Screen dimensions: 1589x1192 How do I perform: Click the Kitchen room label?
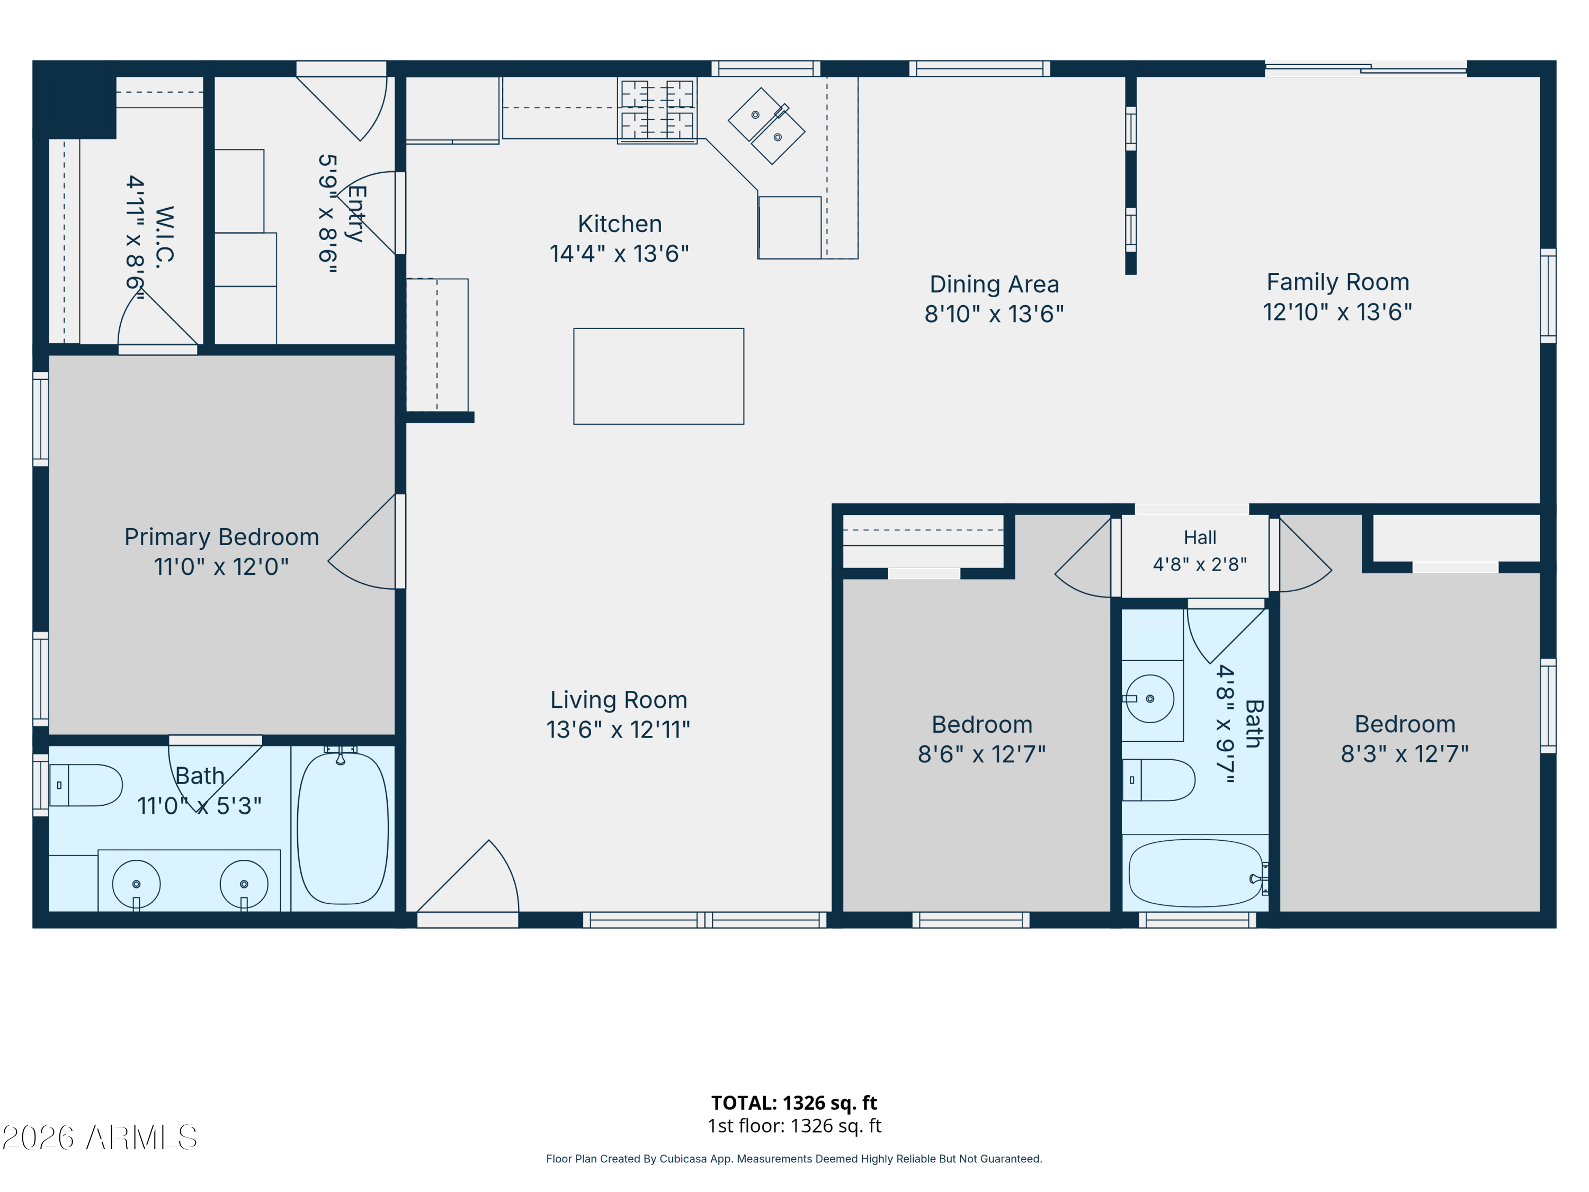pos(619,224)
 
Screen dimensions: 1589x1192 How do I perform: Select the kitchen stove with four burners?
pos(657,111)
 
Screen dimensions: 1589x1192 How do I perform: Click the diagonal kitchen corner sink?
pos(766,126)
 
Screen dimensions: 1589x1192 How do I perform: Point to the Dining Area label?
pos(994,284)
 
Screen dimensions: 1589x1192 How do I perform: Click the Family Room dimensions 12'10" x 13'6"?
pos(1337,312)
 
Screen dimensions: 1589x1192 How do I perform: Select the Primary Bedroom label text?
pos(221,537)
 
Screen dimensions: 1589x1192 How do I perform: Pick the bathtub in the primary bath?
pos(343,828)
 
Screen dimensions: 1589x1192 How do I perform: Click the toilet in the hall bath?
pos(1158,780)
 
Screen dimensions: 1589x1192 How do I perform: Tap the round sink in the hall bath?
pos(1149,698)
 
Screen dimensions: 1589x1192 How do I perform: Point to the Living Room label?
pos(619,700)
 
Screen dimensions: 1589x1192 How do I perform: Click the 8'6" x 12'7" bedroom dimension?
pos(981,754)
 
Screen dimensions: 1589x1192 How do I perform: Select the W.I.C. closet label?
pos(165,237)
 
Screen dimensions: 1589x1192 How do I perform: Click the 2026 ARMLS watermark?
pos(100,1137)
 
